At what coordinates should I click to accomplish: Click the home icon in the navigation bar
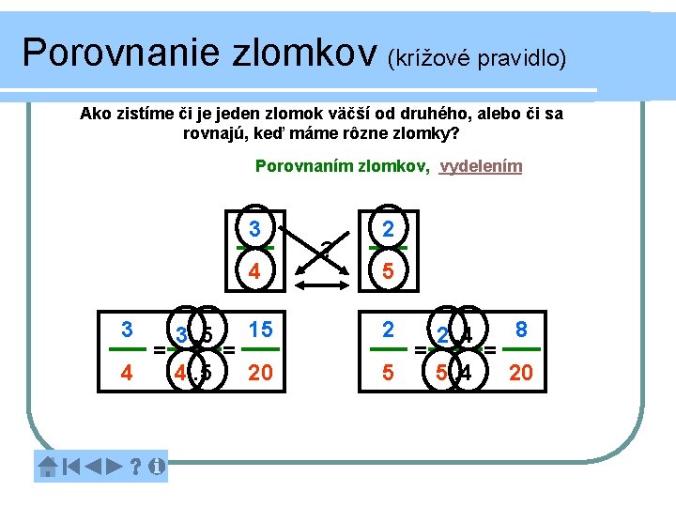coord(48,465)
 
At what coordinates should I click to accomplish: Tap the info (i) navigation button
coord(157,465)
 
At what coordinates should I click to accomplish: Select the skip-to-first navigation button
coord(71,465)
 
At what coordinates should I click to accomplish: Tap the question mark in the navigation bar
coord(136,465)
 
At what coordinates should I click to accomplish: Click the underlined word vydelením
coord(481,167)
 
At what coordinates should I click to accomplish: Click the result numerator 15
coord(260,330)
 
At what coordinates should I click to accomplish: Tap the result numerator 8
coord(521,330)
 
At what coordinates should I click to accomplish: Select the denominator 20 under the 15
coord(260,374)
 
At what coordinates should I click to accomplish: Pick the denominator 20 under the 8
coord(521,374)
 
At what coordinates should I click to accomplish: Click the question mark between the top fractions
coord(325,250)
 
